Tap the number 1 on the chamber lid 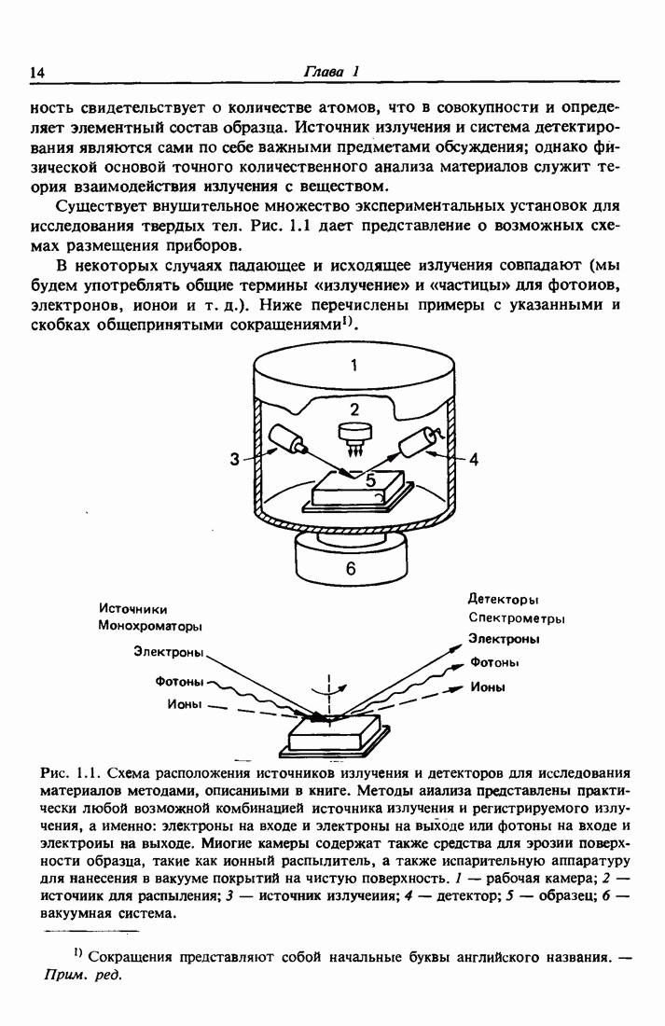(353, 366)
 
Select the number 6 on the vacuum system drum (351, 568)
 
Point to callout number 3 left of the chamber (235, 458)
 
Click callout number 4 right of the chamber (473, 459)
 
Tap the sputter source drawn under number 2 (353, 435)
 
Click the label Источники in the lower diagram (132, 609)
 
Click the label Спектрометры (517, 618)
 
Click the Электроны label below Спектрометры (504, 639)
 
